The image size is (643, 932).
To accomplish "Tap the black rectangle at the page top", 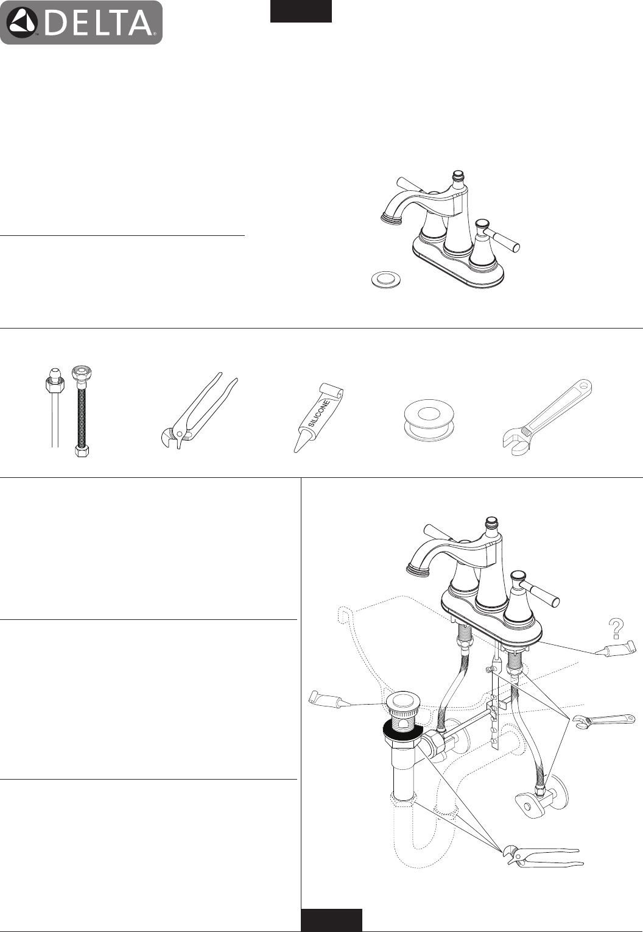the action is click(x=301, y=11).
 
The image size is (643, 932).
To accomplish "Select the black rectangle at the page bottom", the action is click(x=331, y=920).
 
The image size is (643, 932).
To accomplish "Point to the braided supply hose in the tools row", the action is click(x=82, y=411).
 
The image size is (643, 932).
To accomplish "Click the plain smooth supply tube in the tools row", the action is click(x=54, y=408).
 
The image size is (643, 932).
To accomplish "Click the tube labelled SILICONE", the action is click(x=319, y=418).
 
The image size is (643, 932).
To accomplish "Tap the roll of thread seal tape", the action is click(x=429, y=421).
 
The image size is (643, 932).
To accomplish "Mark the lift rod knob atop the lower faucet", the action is click(x=492, y=522).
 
